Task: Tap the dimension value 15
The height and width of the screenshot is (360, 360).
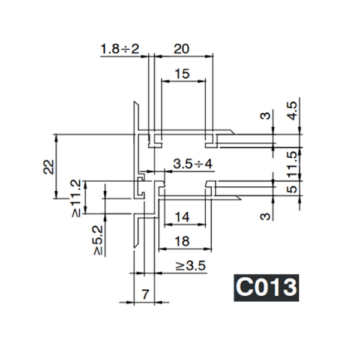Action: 182,74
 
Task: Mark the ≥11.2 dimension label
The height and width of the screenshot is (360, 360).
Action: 76,197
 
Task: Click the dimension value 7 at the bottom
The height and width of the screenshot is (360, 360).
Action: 144,294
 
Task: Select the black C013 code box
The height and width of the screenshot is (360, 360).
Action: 265,287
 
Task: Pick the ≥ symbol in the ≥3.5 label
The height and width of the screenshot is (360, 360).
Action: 180,265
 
